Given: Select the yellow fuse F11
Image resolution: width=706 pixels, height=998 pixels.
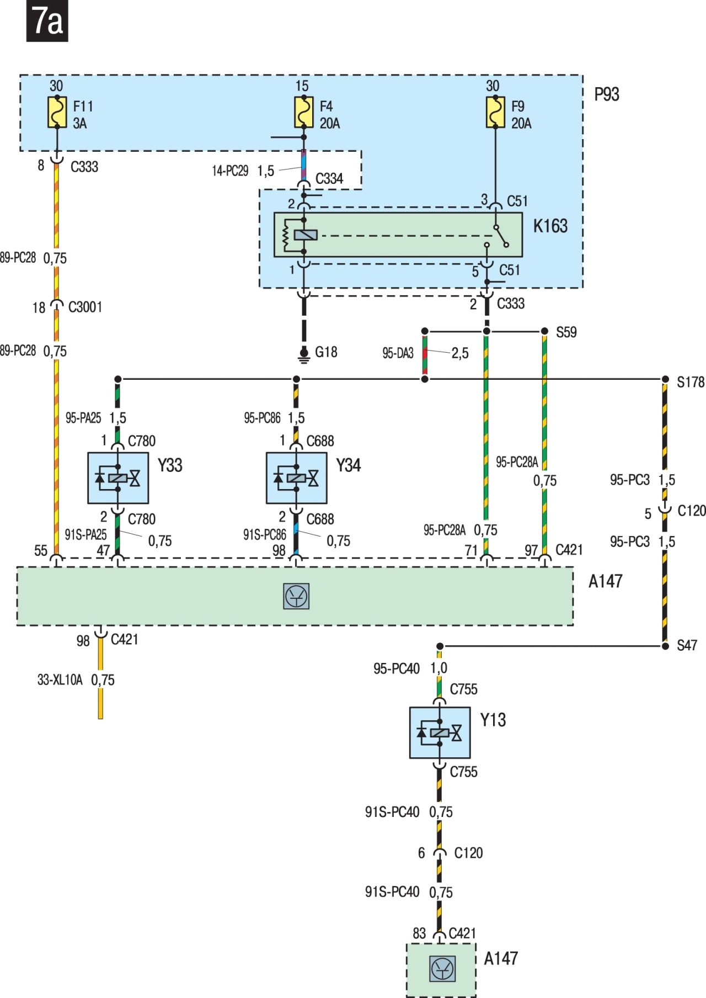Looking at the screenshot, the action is coord(57,113).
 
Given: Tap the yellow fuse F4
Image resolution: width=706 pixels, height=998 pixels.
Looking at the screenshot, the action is coord(303,113).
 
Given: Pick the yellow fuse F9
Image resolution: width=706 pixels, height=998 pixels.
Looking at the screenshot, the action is coord(495,113).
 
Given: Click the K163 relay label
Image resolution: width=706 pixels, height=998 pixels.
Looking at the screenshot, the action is coord(550,226).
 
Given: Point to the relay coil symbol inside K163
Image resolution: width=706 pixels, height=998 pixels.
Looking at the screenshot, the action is coord(305,235).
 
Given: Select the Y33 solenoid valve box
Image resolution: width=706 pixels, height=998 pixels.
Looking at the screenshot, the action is coord(118,478).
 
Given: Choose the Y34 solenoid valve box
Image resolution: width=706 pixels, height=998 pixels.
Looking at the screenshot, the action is coord(297,478).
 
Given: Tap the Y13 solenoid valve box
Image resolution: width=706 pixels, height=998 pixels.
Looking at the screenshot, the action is coord(440,732).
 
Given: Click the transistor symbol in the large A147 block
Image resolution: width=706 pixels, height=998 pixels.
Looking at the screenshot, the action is coord(296,596).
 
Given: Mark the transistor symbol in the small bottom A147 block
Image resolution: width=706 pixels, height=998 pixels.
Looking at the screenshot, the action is coord(442,969).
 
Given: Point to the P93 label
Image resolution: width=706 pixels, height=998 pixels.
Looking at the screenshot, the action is coord(607,94).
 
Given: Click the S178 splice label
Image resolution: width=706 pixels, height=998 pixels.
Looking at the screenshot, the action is coord(691,382).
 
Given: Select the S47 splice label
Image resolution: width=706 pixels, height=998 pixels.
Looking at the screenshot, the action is coord(687,645).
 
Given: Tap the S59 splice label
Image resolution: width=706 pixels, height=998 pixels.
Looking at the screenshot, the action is coord(566,332).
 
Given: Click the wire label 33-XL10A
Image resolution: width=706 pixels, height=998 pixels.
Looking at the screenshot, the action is coord(60,680).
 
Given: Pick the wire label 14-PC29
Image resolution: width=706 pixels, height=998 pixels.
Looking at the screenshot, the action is coord(230,171).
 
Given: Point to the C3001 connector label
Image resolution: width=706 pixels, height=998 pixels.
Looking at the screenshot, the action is coord(85,307).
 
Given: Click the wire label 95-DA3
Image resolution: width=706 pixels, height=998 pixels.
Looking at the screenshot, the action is coord(398,353).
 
